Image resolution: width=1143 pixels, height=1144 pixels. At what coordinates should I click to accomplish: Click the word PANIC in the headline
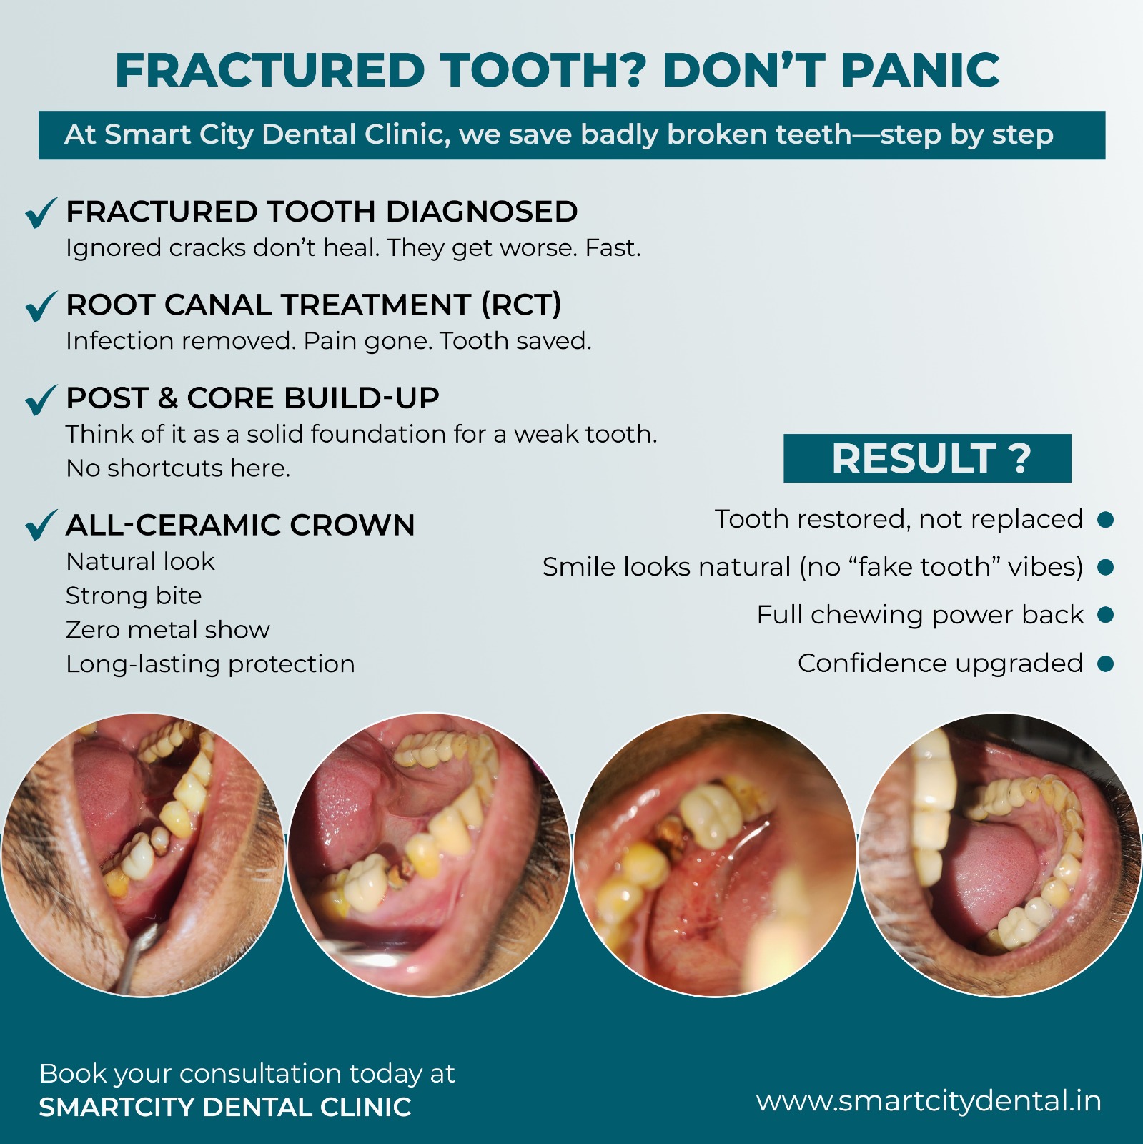pyautogui.click(x=920, y=70)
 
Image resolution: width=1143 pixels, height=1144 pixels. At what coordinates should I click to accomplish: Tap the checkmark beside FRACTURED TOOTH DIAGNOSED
pyautogui.click(x=41, y=212)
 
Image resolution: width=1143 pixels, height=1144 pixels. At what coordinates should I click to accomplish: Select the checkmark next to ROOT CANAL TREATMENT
pyautogui.click(x=41, y=306)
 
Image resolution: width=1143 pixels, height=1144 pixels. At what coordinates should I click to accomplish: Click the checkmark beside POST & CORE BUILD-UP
pyautogui.click(x=41, y=400)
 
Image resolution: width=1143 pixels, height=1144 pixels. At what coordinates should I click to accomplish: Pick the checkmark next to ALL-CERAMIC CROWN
pyautogui.click(x=41, y=525)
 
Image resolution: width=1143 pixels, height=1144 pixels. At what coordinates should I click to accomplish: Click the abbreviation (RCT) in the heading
pyautogui.click(x=521, y=305)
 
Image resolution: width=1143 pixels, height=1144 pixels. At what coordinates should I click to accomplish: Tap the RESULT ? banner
pyautogui.click(x=927, y=458)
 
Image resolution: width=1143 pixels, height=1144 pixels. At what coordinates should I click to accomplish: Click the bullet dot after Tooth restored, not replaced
pyautogui.click(x=1105, y=520)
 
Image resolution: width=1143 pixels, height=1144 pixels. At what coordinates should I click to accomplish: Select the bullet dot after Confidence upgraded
pyautogui.click(x=1105, y=664)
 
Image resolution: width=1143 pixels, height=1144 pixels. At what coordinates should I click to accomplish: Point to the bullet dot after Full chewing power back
pyautogui.click(x=1105, y=615)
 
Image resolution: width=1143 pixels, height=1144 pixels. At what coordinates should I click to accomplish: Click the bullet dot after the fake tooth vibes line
pyautogui.click(x=1105, y=568)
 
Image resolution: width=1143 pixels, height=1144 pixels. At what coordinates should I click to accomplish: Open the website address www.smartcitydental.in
pyautogui.click(x=929, y=1101)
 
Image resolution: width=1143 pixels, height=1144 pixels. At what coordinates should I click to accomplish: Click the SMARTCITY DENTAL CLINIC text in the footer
pyautogui.click(x=225, y=1108)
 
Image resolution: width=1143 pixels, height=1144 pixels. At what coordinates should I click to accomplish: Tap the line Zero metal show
pyautogui.click(x=168, y=630)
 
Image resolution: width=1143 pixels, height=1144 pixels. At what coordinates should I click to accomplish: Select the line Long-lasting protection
pyautogui.click(x=210, y=664)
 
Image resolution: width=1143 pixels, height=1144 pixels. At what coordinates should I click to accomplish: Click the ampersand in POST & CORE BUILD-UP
pyautogui.click(x=168, y=398)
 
